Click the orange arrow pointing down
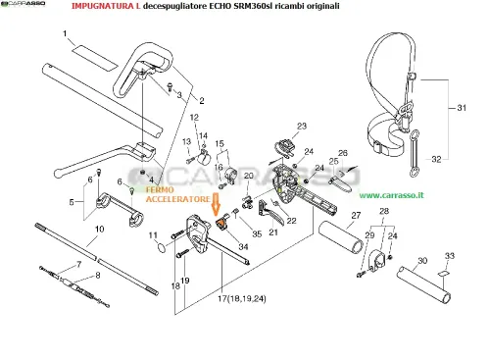point(216,204)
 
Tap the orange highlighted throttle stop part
point(220,224)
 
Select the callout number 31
point(462,108)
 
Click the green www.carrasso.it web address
point(391,195)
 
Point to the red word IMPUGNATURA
point(105,6)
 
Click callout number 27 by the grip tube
point(356,216)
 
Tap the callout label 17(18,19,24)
point(242,298)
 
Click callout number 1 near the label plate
point(65,33)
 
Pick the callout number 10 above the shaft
point(99,229)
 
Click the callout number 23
point(302,126)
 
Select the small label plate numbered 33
point(443,274)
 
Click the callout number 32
point(436,159)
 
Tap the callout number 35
point(257,233)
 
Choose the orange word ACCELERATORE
point(177,199)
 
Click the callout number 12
point(194,117)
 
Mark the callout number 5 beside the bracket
point(72,202)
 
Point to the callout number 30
point(422,261)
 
